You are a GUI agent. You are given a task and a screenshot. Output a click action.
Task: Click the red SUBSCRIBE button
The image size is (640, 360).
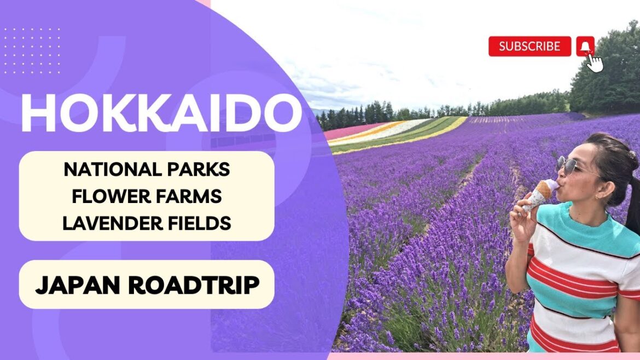[529, 47]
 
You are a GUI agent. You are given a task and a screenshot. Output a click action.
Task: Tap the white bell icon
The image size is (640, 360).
[585, 46]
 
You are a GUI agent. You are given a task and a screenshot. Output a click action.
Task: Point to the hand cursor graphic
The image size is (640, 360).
[595, 62]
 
